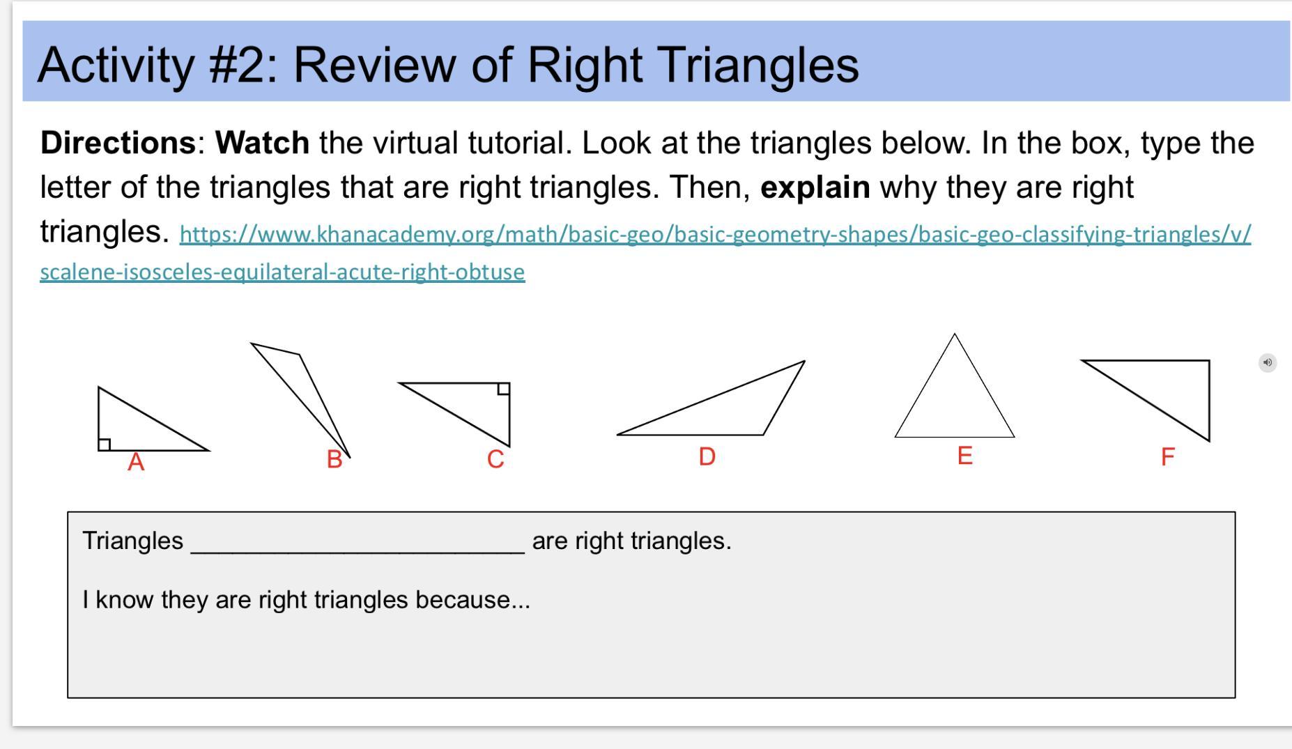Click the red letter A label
pyautogui.click(x=136, y=462)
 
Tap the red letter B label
pyautogui.click(x=334, y=459)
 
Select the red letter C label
pyautogui.click(x=495, y=459)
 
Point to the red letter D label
pyautogui.click(x=707, y=456)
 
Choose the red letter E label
pyautogui.click(x=964, y=456)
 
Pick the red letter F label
pyautogui.click(x=1168, y=457)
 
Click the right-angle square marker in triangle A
pyautogui.click(x=105, y=445)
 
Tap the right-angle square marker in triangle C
pyautogui.click(x=504, y=389)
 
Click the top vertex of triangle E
pyautogui.click(x=955, y=334)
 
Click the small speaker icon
pyautogui.click(x=1268, y=362)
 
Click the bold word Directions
pyautogui.click(x=118, y=143)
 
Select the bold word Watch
pyautogui.click(x=263, y=143)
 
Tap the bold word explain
pyautogui.click(x=815, y=187)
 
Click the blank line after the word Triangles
pyautogui.click(x=357, y=552)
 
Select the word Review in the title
pyautogui.click(x=374, y=65)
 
